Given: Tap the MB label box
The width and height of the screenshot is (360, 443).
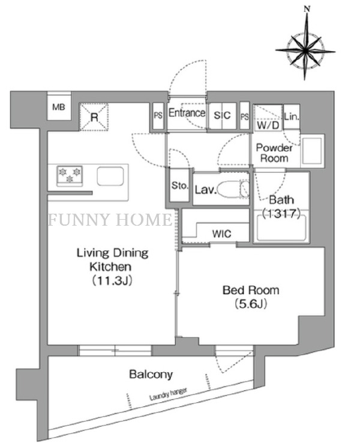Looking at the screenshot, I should click(x=58, y=108).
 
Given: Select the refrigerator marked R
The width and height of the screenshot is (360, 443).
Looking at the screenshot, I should click(x=95, y=117).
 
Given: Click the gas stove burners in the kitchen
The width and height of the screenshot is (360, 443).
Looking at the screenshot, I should click(x=71, y=175).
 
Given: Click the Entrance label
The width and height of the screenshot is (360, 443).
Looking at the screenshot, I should click(x=187, y=113).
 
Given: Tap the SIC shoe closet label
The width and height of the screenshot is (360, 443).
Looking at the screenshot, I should click(x=222, y=115).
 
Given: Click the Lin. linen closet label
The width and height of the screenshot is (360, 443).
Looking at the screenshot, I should click(x=292, y=116).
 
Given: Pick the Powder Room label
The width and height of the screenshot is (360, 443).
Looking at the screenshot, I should click(x=274, y=153).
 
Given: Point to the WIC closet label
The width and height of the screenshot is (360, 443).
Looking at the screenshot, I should click(x=221, y=234).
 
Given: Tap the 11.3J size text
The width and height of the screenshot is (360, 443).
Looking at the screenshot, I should click(x=112, y=280).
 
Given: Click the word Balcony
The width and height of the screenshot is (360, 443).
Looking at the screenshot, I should click(x=151, y=375).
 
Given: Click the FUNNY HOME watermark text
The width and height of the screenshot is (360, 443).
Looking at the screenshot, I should click(x=110, y=220).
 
